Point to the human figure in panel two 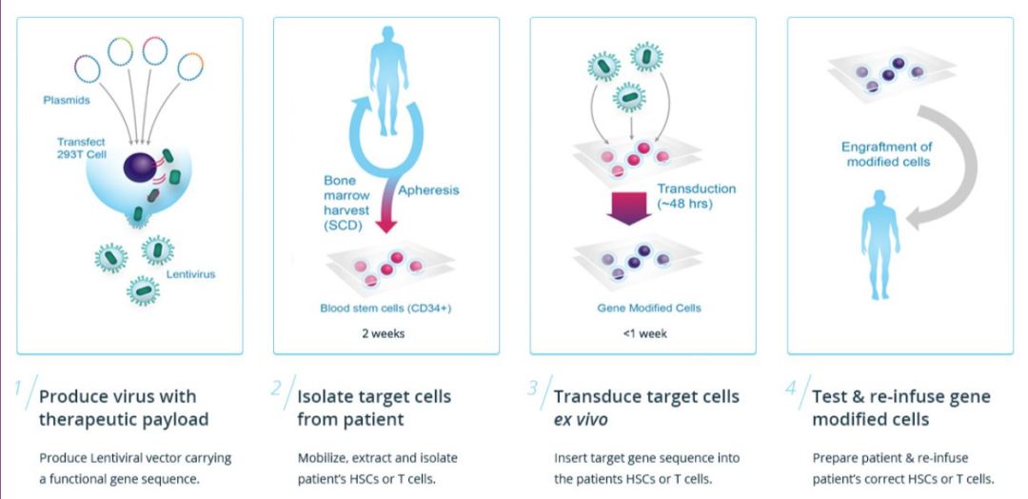click(x=386, y=81)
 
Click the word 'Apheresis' click(x=429, y=190)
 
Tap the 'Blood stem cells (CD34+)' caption click(x=385, y=308)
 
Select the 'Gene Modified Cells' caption click(x=642, y=308)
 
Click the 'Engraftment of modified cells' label click(x=886, y=154)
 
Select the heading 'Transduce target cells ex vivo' click(x=646, y=407)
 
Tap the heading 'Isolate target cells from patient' click(x=374, y=407)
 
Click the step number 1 click(x=19, y=389)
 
